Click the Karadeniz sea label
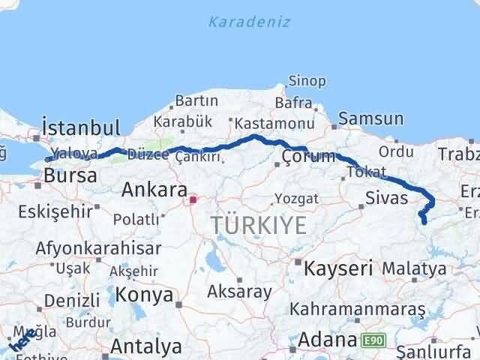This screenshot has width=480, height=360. click(x=248, y=21)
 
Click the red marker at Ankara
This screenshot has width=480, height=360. click(x=193, y=199)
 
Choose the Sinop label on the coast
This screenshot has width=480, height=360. click(x=307, y=81)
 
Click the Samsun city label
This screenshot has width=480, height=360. click(x=370, y=118)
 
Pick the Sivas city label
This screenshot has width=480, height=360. click(x=386, y=198)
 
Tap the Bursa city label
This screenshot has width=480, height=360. click(x=70, y=176)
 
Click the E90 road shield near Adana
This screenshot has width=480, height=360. click(x=373, y=340)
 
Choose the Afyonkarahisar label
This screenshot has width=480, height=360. click(x=98, y=247)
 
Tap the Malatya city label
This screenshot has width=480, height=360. click(x=413, y=268)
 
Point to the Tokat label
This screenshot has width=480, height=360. click(x=367, y=172)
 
